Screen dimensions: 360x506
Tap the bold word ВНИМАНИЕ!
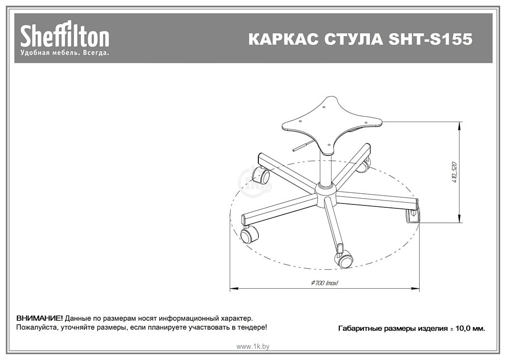click(x=39, y=318)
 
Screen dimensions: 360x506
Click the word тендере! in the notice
click(x=253, y=328)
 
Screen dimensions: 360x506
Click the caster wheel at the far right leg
click(x=412, y=216)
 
